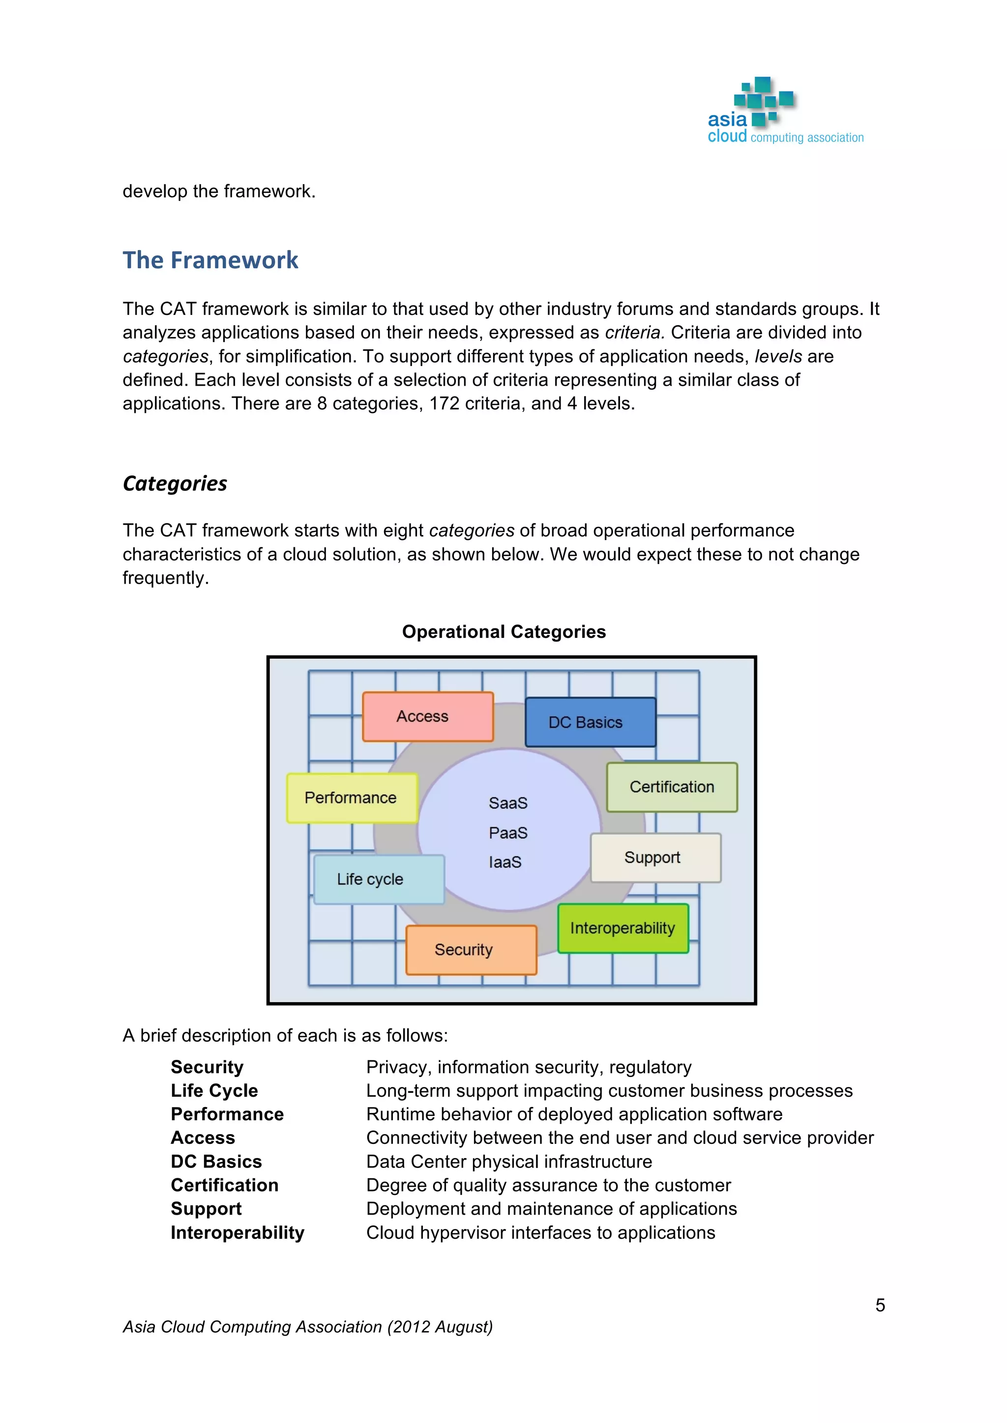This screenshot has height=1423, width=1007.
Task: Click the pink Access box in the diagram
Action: (428, 716)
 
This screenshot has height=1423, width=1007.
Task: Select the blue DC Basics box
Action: (591, 722)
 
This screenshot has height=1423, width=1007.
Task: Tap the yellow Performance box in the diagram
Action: (352, 797)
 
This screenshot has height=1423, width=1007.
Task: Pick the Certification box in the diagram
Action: (672, 787)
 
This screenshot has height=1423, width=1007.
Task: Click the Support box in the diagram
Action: (655, 858)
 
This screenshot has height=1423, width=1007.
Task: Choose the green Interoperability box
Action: (623, 928)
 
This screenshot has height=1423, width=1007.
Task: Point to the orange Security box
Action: (471, 949)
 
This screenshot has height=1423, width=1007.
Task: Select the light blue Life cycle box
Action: (378, 879)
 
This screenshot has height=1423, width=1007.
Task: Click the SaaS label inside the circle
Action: (508, 803)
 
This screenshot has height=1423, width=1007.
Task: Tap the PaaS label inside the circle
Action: (508, 833)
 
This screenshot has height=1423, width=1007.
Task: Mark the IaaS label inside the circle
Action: (505, 862)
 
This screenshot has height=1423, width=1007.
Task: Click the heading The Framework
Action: (210, 260)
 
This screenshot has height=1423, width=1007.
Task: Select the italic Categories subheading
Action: (175, 484)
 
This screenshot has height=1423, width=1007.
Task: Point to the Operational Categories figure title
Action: (503, 631)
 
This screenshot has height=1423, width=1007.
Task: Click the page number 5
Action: (880, 1305)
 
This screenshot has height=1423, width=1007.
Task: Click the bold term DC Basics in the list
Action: (216, 1162)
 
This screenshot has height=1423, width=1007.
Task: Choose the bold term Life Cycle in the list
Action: (214, 1091)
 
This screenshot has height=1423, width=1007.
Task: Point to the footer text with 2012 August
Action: (307, 1327)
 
